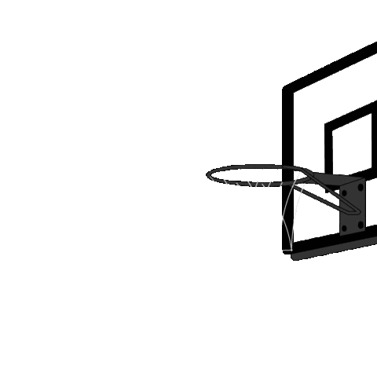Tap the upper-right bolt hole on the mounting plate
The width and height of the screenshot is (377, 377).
[361, 187]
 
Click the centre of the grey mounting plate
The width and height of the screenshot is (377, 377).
[353, 206]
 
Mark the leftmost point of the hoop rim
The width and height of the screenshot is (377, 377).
[208, 174]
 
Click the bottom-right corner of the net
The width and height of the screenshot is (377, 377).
[291, 249]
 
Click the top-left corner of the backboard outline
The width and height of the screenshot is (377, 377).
[294, 92]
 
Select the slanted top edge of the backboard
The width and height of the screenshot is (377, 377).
[338, 71]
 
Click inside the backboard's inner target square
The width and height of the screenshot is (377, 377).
[351, 145]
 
